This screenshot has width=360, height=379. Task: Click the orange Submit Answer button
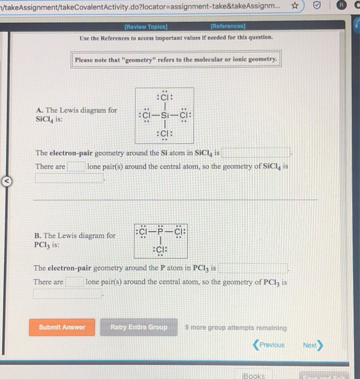[x=62, y=327]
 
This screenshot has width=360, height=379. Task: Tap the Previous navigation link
[x=269, y=345]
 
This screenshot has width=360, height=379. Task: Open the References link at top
[x=228, y=27]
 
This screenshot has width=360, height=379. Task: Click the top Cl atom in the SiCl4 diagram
[x=164, y=97]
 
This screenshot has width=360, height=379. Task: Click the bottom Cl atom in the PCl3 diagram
[x=160, y=250]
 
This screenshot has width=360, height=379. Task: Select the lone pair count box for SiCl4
[x=76, y=167]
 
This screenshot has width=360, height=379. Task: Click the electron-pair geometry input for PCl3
[x=253, y=268]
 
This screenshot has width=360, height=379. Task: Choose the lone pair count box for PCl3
[x=74, y=282]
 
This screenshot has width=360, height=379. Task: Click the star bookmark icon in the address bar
[x=295, y=6]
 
